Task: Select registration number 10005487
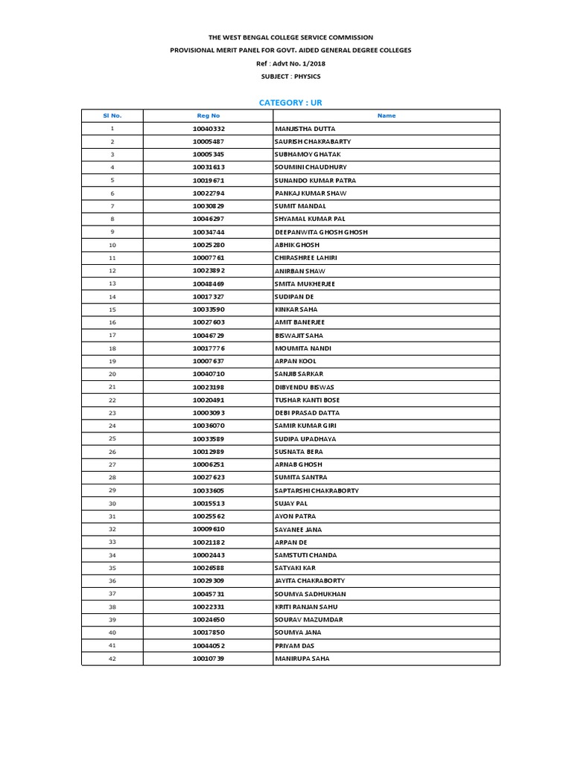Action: coord(209,141)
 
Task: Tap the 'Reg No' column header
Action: coord(209,115)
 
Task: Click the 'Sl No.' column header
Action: coord(112,115)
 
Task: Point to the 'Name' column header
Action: coord(387,115)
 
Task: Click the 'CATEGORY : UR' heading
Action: coord(290,102)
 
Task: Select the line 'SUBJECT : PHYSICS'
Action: coord(290,77)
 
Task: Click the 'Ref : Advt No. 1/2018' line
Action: coord(290,63)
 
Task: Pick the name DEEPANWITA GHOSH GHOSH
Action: coord(321,232)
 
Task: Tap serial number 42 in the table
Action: coord(112,659)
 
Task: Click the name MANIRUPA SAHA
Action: coord(302,659)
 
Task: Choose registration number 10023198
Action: coord(209,387)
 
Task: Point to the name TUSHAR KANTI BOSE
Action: coord(307,400)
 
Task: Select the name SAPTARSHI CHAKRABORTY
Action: coord(317,490)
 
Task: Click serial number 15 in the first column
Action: coord(112,310)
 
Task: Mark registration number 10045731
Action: coord(209,594)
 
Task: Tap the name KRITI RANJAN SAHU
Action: coord(305,606)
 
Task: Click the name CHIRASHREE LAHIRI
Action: coord(305,257)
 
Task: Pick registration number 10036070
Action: coord(209,426)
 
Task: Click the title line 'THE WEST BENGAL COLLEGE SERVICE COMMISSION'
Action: coord(290,37)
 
